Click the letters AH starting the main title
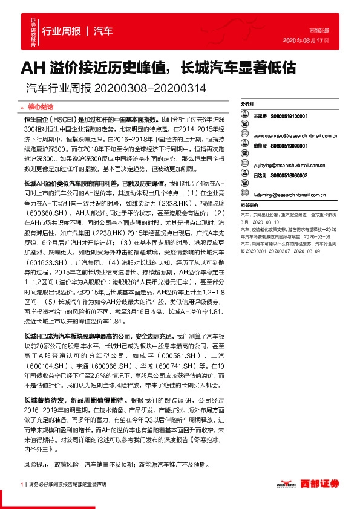pyautogui.click(x=31, y=67)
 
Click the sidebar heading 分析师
pyautogui.click(x=249, y=104)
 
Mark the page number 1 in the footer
pyautogui.click(x=22, y=484)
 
